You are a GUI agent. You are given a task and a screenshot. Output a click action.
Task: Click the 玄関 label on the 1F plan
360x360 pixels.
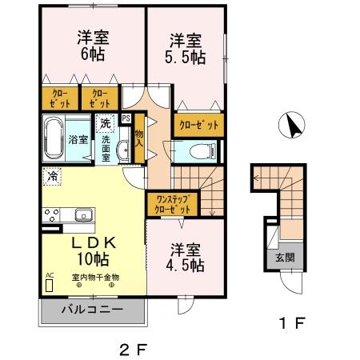click(x=285, y=258)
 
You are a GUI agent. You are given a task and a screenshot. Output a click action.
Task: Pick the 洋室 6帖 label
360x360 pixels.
click(x=94, y=46)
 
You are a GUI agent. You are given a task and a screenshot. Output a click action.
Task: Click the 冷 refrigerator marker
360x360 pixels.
click(x=51, y=176)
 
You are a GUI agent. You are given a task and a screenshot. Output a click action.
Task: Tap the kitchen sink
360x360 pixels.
click(x=82, y=214)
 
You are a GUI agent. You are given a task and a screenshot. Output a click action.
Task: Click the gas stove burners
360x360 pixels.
click(x=50, y=214)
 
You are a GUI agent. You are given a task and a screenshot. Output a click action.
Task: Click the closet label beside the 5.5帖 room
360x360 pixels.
click(x=198, y=124)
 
